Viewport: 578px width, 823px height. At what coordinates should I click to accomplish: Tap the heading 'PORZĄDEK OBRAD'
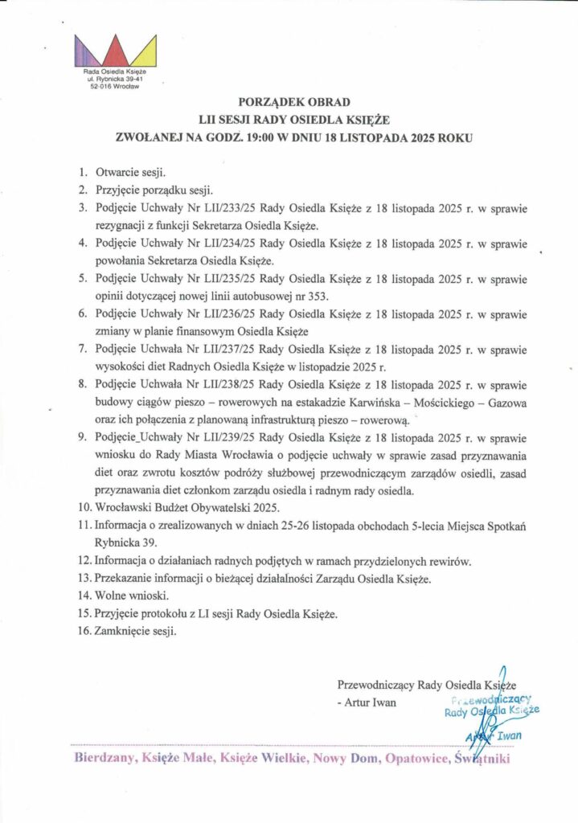point(289,103)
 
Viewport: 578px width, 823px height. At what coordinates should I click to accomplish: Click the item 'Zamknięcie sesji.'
point(137,632)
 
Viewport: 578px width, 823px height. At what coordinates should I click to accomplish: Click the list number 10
point(83,508)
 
